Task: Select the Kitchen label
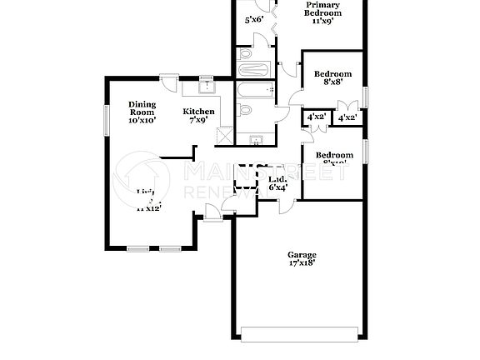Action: pos(199,112)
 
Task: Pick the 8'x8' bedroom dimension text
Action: pos(332,82)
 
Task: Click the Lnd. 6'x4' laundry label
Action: pos(277,183)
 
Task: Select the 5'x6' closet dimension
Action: pos(253,19)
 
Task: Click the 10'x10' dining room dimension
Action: pos(142,121)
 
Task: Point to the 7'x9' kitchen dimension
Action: pos(199,120)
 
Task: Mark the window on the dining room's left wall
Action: pos(106,117)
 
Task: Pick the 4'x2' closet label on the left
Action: pos(316,117)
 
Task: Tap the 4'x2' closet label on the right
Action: pos(347,118)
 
